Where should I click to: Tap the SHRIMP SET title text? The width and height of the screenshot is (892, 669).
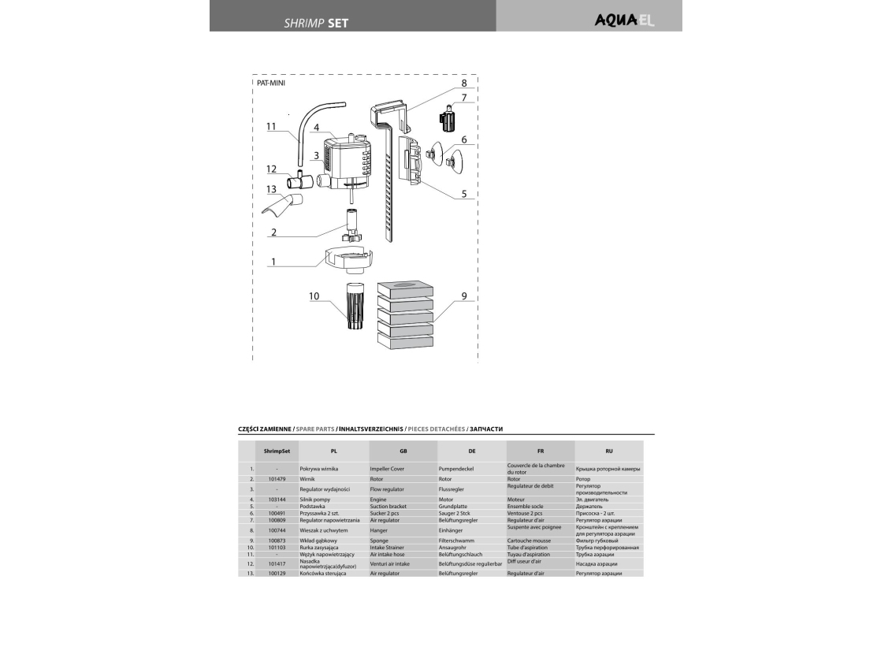[x=316, y=23]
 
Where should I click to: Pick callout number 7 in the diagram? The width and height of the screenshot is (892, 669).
[x=464, y=98]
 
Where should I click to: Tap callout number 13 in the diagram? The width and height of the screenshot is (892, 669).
[x=271, y=189]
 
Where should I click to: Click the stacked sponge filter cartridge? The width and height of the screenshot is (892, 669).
[x=405, y=315]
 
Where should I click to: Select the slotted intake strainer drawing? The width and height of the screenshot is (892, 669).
[x=354, y=307]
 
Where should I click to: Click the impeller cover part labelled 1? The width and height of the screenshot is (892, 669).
[x=348, y=258]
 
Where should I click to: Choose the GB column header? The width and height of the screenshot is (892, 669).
[x=403, y=452]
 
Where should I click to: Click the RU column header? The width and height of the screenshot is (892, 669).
[x=609, y=452]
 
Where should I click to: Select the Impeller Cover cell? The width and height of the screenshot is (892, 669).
[x=388, y=469]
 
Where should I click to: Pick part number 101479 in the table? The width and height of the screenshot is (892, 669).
[x=277, y=479]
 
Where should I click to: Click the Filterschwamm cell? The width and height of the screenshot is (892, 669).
[x=457, y=541]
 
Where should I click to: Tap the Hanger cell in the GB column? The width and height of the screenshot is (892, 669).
[x=379, y=530]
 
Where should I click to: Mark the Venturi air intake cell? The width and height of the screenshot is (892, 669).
[x=390, y=564]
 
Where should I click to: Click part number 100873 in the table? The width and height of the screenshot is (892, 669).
[x=277, y=541]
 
